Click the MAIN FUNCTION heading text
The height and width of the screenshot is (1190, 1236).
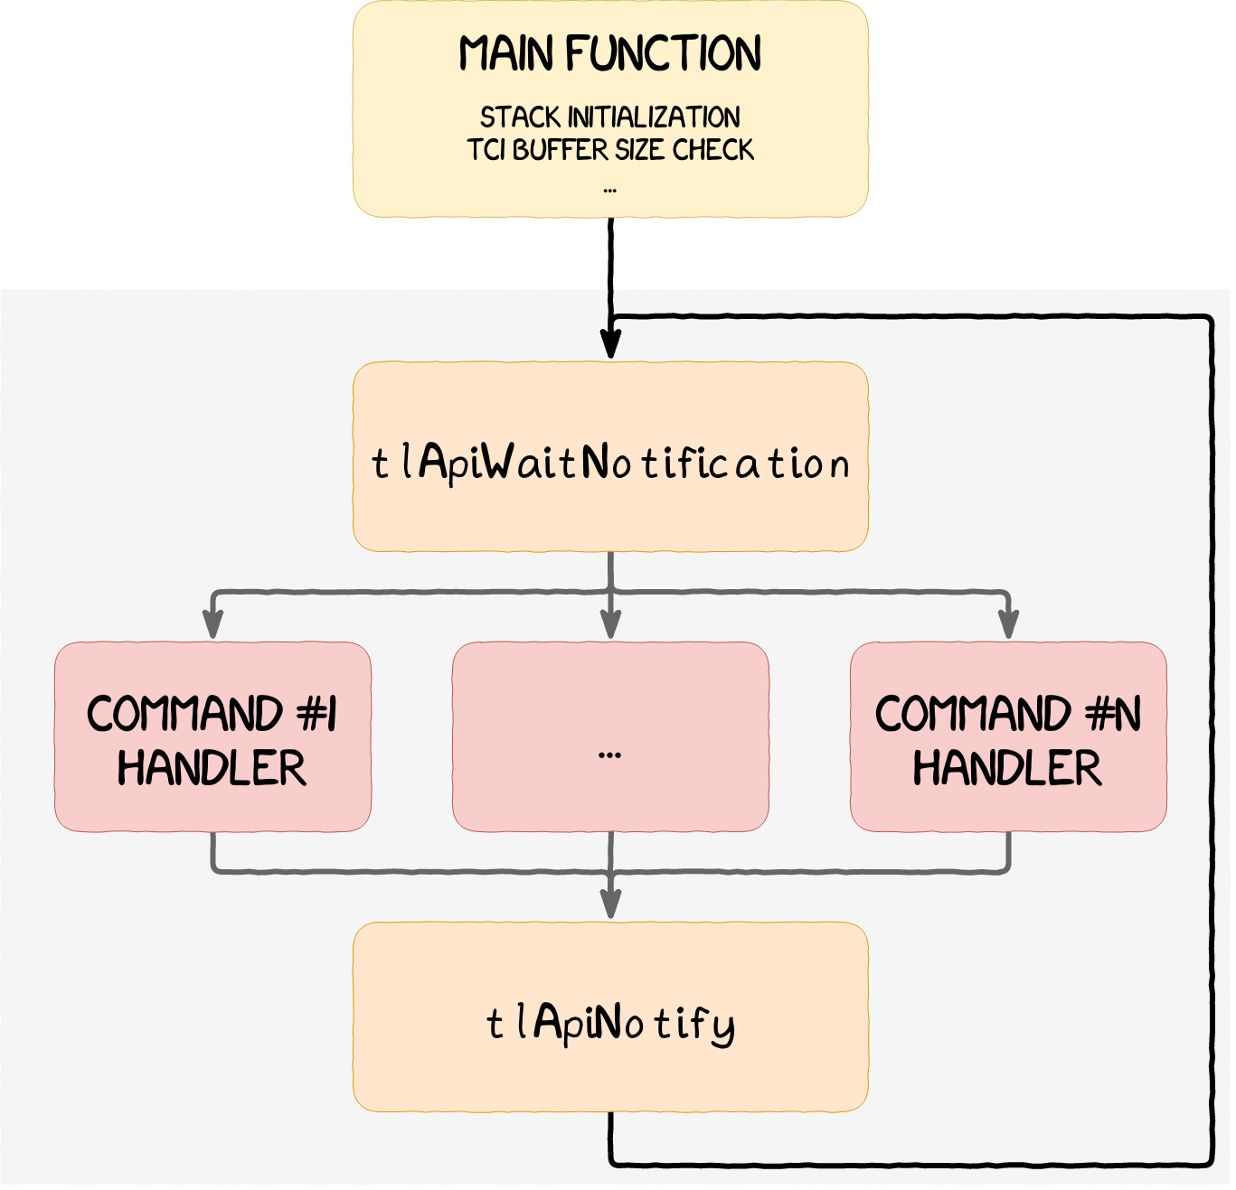pyautogui.click(x=610, y=54)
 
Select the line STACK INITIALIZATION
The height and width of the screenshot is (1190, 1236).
pyautogui.click(x=610, y=117)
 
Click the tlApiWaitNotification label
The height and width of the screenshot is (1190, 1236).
pyautogui.click(x=610, y=464)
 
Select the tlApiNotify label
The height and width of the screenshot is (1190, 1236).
pyautogui.click(x=610, y=1023)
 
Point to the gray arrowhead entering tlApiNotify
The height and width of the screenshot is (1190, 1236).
pyautogui.click(x=611, y=904)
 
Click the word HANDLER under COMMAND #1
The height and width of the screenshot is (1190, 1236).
pyautogui.click(x=212, y=768)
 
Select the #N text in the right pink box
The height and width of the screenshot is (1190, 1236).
pyautogui.click(x=1114, y=714)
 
